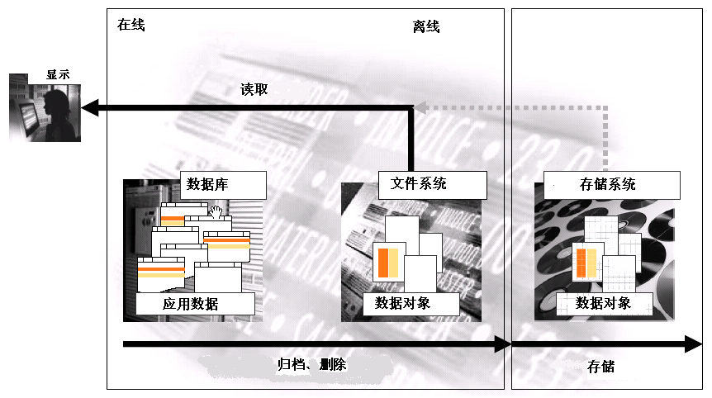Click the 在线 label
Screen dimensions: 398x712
click(131, 25)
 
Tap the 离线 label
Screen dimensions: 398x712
click(426, 27)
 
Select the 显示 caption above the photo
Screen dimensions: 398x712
click(58, 74)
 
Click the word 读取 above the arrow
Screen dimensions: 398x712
click(254, 89)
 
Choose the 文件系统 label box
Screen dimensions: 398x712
click(418, 183)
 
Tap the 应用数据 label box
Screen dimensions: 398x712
click(191, 304)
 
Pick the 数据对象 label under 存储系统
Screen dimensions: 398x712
click(603, 303)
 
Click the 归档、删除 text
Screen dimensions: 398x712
click(311, 364)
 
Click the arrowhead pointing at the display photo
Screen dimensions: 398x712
click(90, 107)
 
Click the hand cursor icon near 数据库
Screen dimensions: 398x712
click(216, 212)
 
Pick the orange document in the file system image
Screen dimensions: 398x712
click(387, 262)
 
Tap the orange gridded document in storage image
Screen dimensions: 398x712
click(586, 263)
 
